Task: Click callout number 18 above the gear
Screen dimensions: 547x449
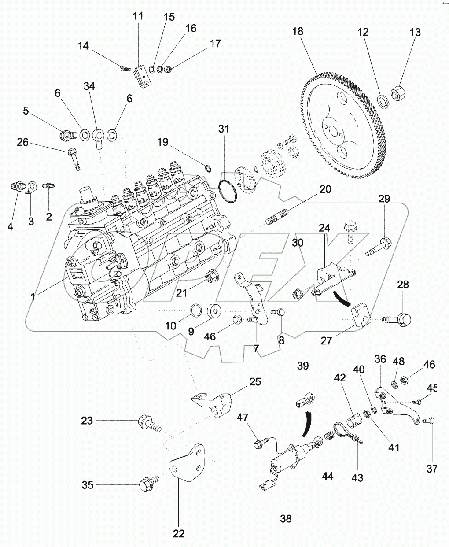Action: (298, 31)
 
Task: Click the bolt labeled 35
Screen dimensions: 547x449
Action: (147, 485)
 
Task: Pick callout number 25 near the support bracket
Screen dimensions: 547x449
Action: (254, 381)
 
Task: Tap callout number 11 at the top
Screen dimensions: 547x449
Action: (139, 17)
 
